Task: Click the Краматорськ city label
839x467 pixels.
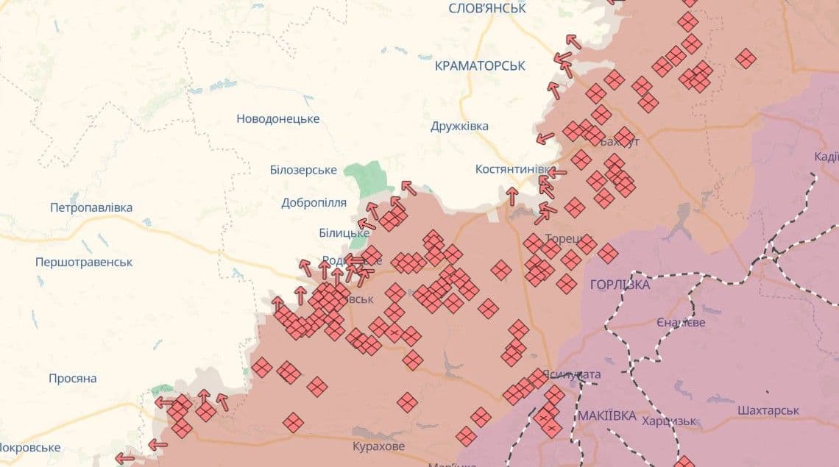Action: (x=480, y=65)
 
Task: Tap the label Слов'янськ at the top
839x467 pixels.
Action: (x=487, y=8)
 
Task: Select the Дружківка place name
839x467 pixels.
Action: (x=459, y=126)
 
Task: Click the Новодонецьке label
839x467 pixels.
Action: (x=277, y=118)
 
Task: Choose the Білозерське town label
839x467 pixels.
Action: (x=303, y=170)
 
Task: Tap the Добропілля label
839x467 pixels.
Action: (x=314, y=202)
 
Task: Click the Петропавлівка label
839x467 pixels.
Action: (x=91, y=207)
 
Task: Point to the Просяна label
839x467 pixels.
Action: (x=72, y=378)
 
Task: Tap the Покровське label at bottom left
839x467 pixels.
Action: (x=29, y=447)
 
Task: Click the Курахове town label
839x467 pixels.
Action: (x=378, y=446)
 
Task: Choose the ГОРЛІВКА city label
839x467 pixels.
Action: (x=620, y=284)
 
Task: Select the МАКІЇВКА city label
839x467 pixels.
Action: (x=606, y=416)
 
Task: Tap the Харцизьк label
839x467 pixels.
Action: (x=668, y=421)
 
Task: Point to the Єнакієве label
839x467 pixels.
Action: (x=681, y=323)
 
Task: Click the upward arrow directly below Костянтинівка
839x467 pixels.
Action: (x=512, y=196)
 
